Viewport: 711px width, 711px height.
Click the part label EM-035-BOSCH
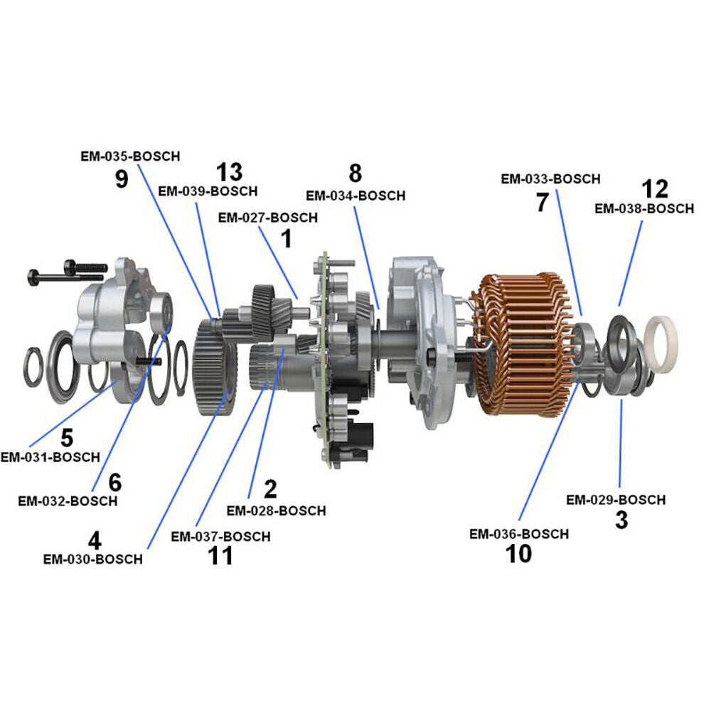131,156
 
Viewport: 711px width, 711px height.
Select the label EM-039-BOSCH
208,191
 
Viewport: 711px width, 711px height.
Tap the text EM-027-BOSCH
268,218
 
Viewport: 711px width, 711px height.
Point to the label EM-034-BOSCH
356,196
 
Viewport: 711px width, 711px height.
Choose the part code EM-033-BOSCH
551,179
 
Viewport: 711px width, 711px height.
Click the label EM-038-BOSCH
644,208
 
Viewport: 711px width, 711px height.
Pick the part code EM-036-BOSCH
519,534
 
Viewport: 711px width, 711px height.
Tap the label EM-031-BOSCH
50,457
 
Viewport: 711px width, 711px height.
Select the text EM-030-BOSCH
93,559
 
